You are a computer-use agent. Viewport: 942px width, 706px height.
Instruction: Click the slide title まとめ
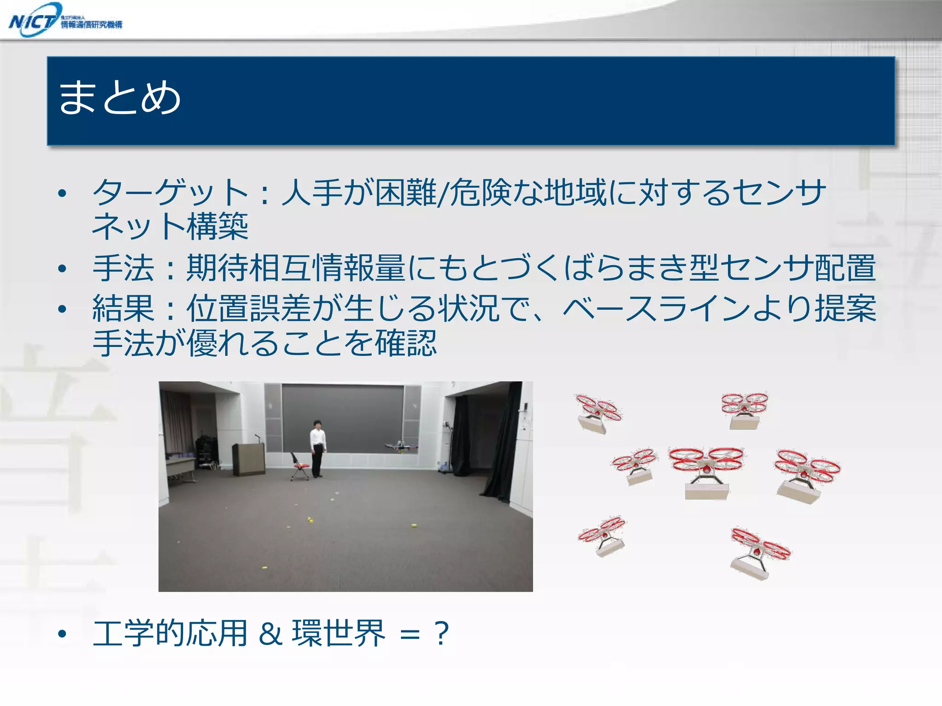120,97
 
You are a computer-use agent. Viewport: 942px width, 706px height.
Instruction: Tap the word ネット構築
170,226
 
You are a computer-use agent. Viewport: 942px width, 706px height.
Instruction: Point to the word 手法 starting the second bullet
123,268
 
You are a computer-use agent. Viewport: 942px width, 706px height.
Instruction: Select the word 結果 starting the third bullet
123,308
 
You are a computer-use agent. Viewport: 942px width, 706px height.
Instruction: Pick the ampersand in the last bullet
270,633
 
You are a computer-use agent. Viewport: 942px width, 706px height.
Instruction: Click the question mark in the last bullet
441,633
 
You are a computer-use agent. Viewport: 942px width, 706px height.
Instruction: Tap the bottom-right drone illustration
759,553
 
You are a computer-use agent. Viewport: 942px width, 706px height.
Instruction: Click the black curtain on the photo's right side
499,446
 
